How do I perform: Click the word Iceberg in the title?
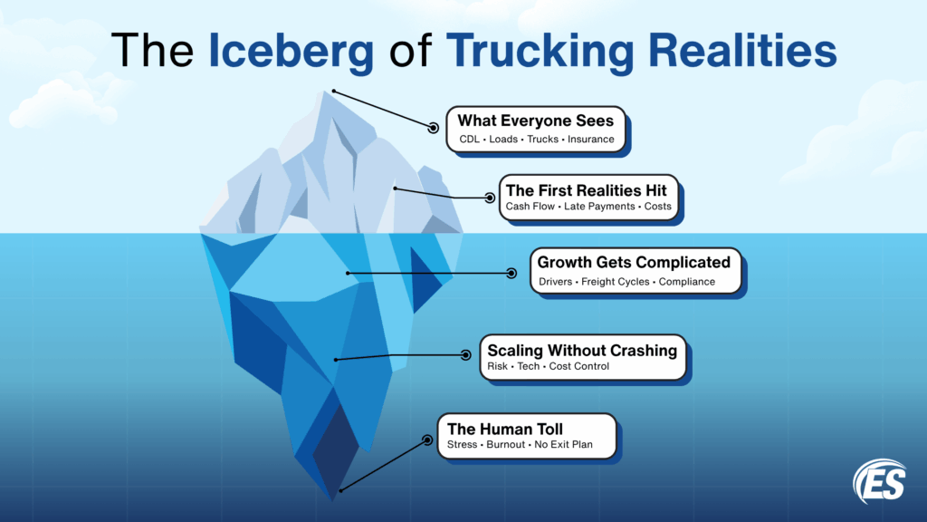(291, 52)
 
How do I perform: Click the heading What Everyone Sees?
(535, 121)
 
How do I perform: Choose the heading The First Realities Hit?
(586, 190)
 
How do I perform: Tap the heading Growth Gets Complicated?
(634, 263)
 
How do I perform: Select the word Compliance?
(686, 282)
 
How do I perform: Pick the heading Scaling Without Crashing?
(582, 349)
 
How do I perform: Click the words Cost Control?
(579, 366)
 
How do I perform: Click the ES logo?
(878, 480)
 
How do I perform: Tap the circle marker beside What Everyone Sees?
(433, 128)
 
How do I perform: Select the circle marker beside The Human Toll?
(426, 440)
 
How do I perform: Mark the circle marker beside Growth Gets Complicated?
(511, 272)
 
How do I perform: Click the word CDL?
(468, 140)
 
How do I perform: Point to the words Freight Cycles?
(615, 282)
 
